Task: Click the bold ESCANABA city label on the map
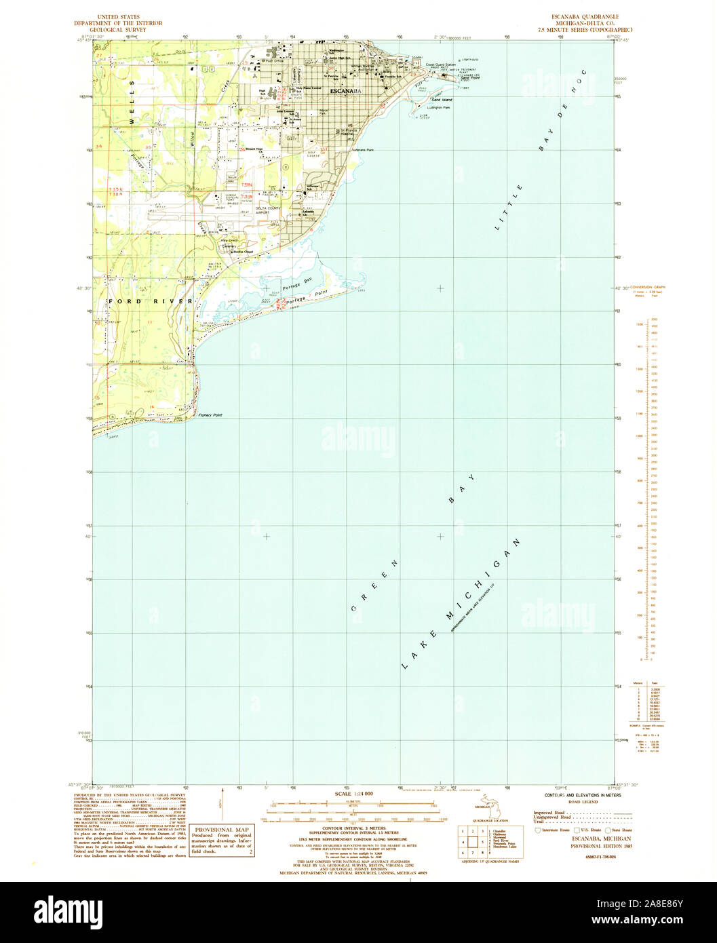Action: tap(346, 90)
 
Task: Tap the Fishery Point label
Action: tap(209, 415)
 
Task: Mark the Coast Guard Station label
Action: tap(440, 65)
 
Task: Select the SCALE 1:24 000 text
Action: tap(354, 793)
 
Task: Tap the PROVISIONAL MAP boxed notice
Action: tap(223, 830)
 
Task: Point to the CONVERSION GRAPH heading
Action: tap(648, 288)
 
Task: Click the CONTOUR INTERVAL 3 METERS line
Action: tap(354, 828)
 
